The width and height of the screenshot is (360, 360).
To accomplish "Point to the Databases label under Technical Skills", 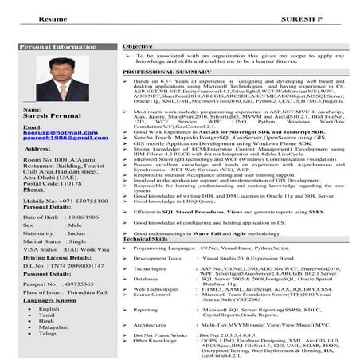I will tap(149, 280).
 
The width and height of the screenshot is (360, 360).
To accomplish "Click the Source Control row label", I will tap(154, 295).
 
